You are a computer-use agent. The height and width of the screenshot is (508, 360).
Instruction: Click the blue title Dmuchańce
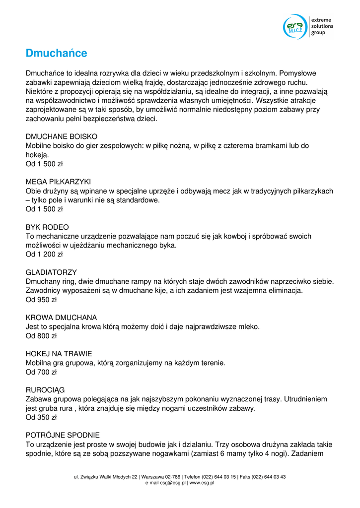tap(57, 53)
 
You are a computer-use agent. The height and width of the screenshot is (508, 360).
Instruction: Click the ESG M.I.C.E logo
tap(296, 27)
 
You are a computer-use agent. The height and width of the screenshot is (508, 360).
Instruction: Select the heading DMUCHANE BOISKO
tap(62, 136)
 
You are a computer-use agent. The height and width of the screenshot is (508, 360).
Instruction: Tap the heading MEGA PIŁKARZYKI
tap(58, 182)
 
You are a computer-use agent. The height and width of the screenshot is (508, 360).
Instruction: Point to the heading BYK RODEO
tap(47, 227)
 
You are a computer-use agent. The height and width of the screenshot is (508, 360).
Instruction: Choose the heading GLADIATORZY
tap(51, 272)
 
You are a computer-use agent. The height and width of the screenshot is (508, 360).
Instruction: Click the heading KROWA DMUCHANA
tap(61, 317)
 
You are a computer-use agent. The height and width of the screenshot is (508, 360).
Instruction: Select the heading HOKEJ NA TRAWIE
tap(59, 354)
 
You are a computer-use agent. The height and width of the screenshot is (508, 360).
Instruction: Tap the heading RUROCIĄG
tap(45, 390)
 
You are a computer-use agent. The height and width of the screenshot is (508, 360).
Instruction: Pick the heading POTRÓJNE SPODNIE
tap(63, 435)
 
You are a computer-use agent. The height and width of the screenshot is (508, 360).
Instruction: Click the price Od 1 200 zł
tap(44, 254)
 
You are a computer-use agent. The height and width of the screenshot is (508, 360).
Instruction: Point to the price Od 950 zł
tap(41, 300)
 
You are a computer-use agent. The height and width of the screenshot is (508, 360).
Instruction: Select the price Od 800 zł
tap(41, 336)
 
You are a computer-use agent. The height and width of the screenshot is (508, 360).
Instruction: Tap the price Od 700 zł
tap(41, 372)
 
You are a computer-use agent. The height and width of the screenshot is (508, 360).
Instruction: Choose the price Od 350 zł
tap(41, 417)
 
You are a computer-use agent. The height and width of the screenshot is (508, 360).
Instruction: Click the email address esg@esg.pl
tap(172, 483)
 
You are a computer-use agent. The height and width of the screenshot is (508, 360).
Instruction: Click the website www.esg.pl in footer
tap(202, 483)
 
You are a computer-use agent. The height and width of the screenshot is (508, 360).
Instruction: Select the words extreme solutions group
tap(322, 26)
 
